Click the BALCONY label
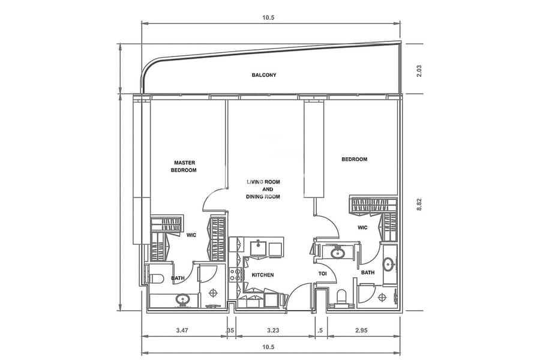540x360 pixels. [264, 75]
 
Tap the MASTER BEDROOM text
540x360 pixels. [184, 166]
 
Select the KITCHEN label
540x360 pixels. [263, 275]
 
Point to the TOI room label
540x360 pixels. [322, 274]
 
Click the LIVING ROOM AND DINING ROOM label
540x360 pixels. [263, 189]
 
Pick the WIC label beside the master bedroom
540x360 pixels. [191, 235]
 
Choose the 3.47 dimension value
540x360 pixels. [182, 331]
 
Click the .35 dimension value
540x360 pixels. [230, 331]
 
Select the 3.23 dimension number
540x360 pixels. [273, 331]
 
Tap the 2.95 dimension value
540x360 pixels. [361, 331]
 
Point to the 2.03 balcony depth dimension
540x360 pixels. [419, 71]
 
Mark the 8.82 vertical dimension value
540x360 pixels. [419, 205]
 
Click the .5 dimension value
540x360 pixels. [320, 331]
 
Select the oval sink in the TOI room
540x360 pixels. [338, 253]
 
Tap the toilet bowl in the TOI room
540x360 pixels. [341, 296]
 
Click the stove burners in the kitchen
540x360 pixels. [236, 275]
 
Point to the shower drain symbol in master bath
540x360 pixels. [214, 293]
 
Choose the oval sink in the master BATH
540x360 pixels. [182, 299]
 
